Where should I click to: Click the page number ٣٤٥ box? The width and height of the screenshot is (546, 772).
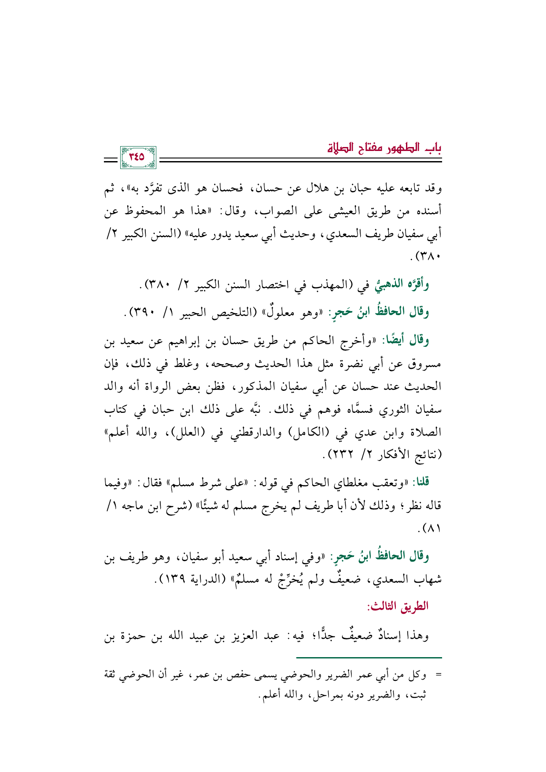tap(137, 157)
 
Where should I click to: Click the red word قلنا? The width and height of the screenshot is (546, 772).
tap(420, 482)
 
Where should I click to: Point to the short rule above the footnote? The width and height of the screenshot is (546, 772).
tap(369, 658)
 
